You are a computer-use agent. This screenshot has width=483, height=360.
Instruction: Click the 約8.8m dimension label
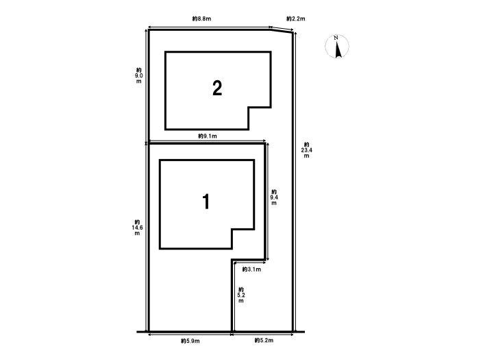[x=201, y=19]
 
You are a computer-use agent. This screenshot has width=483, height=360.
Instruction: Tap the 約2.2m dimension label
[x=296, y=19]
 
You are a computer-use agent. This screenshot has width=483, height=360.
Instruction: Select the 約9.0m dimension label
[x=139, y=75]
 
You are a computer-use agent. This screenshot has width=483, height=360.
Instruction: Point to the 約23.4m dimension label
[x=306, y=150]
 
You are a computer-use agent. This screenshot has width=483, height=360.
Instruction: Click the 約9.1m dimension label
[x=208, y=136]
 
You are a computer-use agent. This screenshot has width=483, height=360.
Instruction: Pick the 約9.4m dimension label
[x=274, y=197]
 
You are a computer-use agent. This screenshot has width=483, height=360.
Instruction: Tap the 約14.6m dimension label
[x=137, y=228]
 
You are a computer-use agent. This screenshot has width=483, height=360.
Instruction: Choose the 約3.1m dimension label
[x=251, y=269]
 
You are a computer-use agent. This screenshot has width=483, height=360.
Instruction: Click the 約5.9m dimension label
[x=190, y=341]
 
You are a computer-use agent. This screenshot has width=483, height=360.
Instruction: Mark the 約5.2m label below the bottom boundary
[x=264, y=341]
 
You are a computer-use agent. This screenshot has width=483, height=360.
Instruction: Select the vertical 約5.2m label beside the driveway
[x=241, y=295]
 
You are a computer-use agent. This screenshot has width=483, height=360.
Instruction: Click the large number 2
[x=217, y=88]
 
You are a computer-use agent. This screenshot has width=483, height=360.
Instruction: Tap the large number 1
[x=206, y=202]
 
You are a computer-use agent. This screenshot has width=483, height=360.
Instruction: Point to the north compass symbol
[x=337, y=47]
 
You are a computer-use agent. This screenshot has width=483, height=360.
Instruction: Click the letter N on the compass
[x=336, y=38]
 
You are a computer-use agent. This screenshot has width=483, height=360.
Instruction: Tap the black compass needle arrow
[x=338, y=49]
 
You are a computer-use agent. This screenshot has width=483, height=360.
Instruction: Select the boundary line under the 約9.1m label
[x=207, y=143]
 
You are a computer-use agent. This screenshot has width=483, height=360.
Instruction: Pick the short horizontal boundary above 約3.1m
[x=248, y=259]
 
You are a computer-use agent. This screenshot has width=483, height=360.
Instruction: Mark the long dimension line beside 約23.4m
[x=295, y=182]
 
